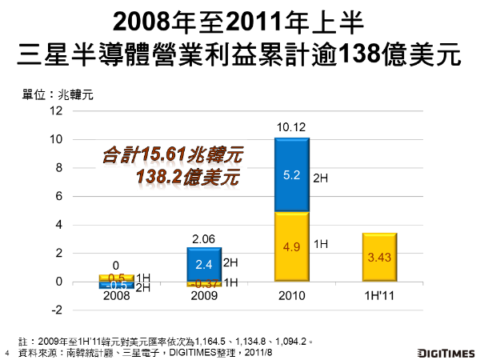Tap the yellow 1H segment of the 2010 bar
(291, 246)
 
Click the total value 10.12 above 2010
(291, 126)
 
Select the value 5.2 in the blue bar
(291, 176)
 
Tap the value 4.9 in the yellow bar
(291, 246)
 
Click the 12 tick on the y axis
(57, 110)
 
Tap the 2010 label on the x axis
(291, 294)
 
